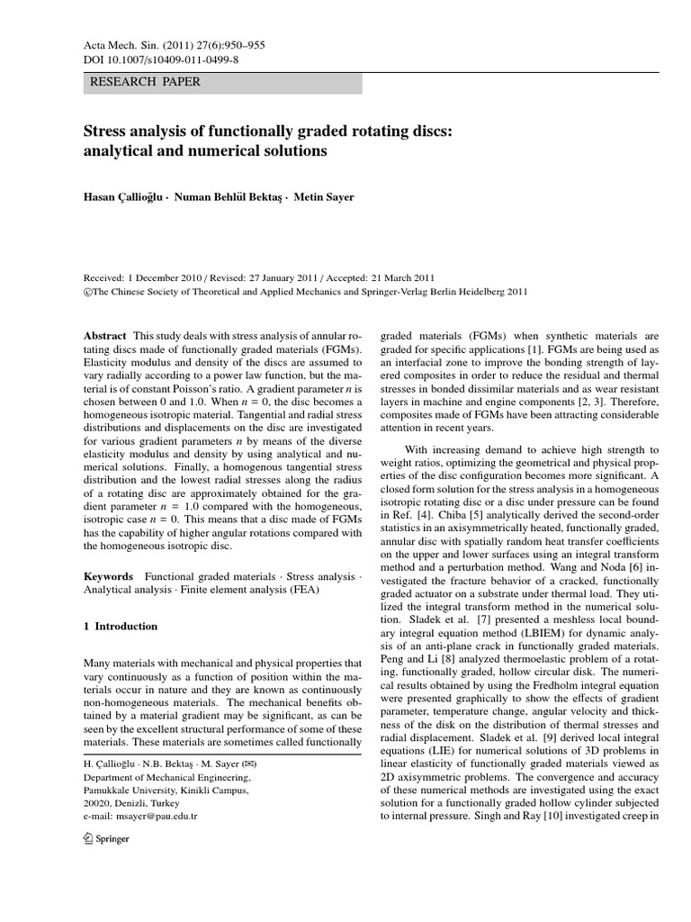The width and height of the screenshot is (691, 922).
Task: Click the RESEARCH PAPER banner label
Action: [144, 82]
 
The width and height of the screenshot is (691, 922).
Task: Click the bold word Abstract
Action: [105, 334]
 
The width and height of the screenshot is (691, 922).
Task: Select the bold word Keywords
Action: [108, 575]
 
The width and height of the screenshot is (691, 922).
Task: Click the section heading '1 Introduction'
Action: [120, 627]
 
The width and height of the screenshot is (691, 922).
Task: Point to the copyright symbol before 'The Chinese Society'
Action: [87, 293]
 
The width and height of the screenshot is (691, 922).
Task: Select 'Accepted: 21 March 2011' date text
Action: [389, 278]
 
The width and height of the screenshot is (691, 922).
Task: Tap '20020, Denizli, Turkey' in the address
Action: [130, 802]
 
